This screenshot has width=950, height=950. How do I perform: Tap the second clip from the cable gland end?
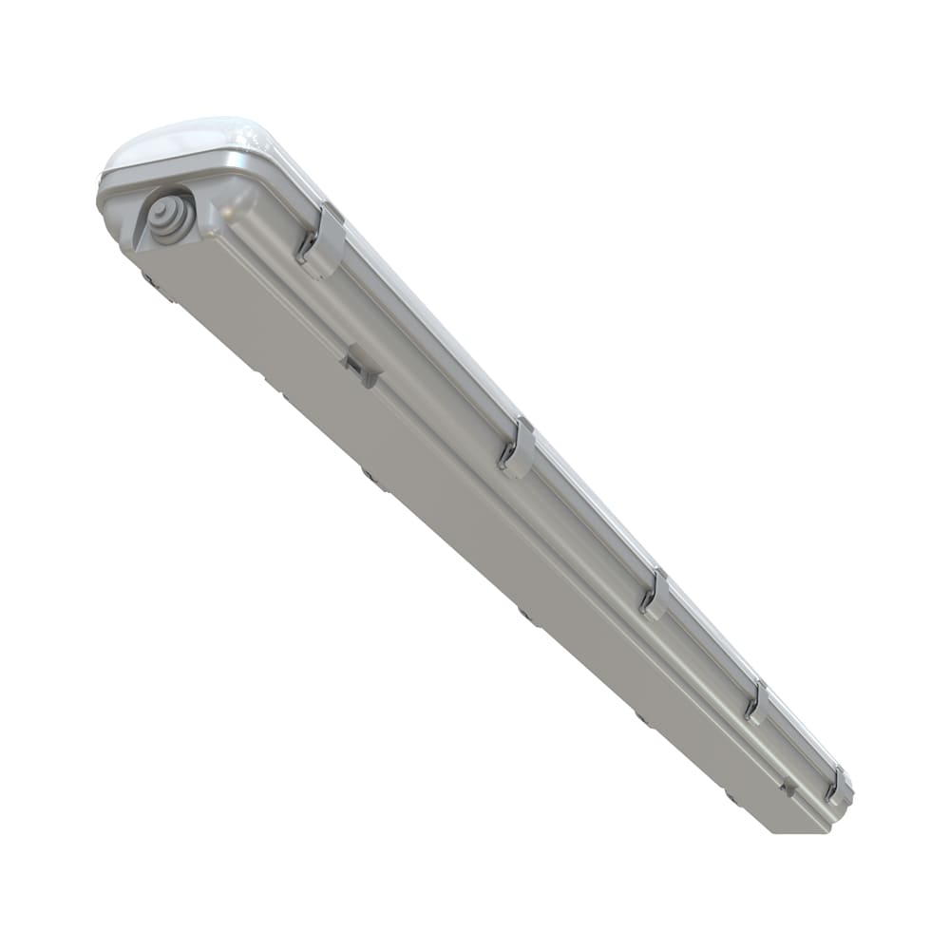[518, 447]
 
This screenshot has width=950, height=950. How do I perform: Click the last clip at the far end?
[837, 786]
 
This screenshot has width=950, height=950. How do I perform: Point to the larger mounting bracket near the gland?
[362, 365]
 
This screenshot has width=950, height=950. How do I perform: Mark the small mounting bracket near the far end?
[785, 786]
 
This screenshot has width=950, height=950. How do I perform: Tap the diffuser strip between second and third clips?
[589, 513]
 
